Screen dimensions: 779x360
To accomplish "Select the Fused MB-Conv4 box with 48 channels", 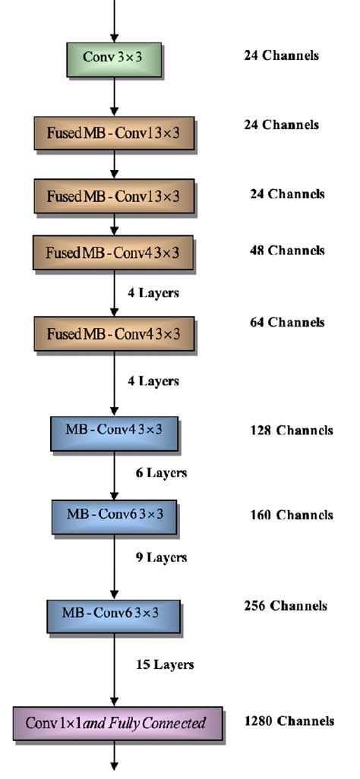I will pyautogui.click(x=113, y=252).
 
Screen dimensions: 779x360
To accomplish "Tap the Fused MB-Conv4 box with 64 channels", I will pyautogui.click(x=113, y=334).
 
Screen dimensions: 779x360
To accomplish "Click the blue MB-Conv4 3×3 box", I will pyautogui.click(x=114, y=430).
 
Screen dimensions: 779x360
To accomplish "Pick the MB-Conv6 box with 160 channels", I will pyautogui.click(x=114, y=515).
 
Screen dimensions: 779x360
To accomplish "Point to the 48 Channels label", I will pyautogui.click(x=287, y=251).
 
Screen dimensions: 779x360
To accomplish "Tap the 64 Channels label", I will pyautogui.click(x=287, y=323).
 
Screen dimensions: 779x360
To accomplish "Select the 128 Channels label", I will pyautogui.click(x=291, y=430).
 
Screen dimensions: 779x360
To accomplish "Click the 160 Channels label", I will pyautogui.click(x=291, y=515).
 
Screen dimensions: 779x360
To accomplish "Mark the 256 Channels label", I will pyautogui.click(x=286, y=606).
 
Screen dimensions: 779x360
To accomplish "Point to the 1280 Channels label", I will pyautogui.click(x=289, y=721).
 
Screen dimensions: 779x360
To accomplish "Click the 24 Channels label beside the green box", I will pyautogui.click(x=281, y=55).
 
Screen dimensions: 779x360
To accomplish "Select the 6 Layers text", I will pyautogui.click(x=161, y=473).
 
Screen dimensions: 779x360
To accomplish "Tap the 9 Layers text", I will pyautogui.click(x=161, y=557).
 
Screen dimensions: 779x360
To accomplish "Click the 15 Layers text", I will pyautogui.click(x=165, y=665).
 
